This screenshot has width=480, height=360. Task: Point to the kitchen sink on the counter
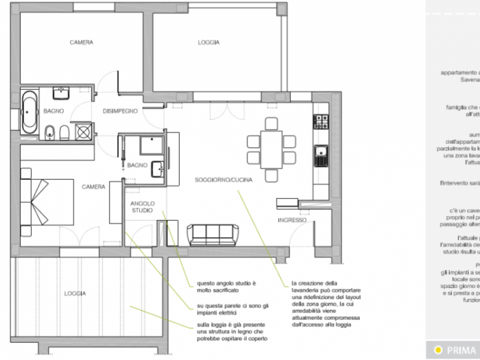320,156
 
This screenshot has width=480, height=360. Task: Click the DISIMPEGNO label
121,110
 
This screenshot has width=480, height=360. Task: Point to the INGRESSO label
291,220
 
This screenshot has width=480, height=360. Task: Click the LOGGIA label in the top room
208,43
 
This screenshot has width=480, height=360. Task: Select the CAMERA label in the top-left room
82,43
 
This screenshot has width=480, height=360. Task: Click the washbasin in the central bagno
157,167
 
